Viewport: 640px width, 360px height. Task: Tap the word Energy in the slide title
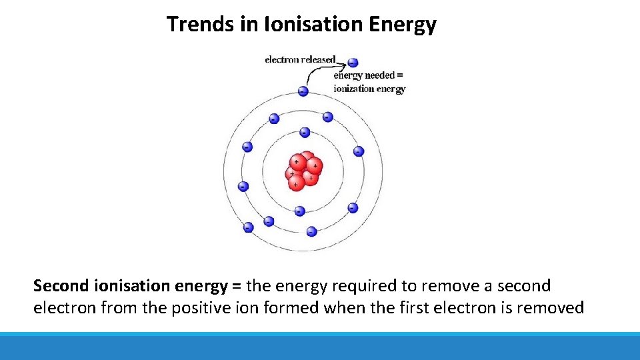tap(403, 25)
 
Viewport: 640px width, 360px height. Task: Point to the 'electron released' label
tap(300, 59)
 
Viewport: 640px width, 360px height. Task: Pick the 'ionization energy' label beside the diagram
tap(369, 89)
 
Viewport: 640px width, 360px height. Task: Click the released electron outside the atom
tap(353, 63)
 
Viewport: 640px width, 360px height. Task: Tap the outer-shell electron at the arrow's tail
tap(303, 91)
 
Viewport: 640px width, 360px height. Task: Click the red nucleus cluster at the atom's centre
tap(304, 171)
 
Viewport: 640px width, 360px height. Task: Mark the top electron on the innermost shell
tap(304, 132)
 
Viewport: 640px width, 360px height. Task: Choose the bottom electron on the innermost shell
tap(299, 211)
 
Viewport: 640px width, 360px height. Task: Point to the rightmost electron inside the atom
tap(359, 151)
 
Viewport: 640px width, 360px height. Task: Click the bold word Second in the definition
tap(61, 286)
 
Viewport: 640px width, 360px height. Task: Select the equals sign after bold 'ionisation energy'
tap(237, 286)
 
